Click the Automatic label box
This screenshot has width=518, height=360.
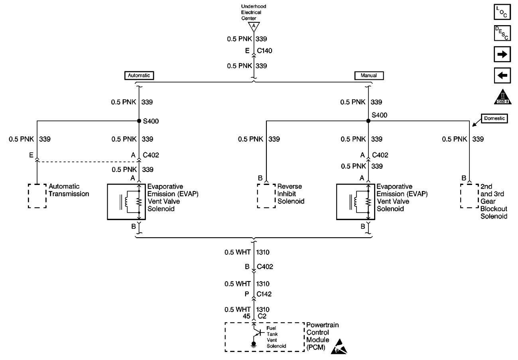[x=139, y=75]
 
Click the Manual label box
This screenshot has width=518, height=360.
[x=368, y=75]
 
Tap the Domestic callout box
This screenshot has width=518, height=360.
[x=494, y=119]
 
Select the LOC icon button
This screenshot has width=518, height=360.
[x=502, y=12]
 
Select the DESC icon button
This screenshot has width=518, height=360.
[x=502, y=33]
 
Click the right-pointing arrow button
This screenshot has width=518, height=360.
[x=502, y=55]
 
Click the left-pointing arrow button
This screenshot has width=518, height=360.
[x=502, y=75]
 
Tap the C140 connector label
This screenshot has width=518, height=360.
[x=265, y=51]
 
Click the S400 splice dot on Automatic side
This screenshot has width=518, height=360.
[x=139, y=121]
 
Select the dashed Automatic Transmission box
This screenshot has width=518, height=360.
[x=37, y=196]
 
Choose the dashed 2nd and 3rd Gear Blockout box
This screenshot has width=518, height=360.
[x=469, y=196]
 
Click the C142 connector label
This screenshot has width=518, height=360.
[x=264, y=294]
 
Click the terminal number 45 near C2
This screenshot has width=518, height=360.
[x=247, y=316]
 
